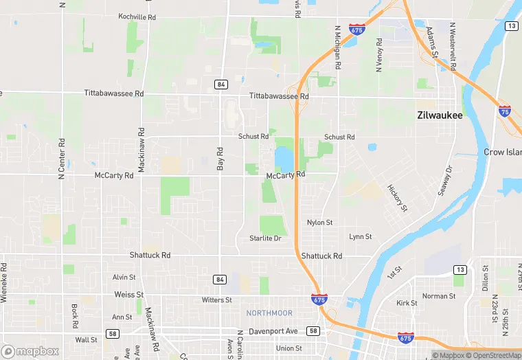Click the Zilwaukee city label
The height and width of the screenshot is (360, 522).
(x=440, y=115)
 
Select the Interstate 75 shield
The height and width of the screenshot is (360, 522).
(x=504, y=111)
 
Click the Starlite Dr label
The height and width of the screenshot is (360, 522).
(x=265, y=238)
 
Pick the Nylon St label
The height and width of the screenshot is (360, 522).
(x=319, y=223)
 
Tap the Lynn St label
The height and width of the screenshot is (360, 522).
(x=360, y=236)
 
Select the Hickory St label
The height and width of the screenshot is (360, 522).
(x=397, y=197)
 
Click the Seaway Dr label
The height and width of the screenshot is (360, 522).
(x=446, y=180)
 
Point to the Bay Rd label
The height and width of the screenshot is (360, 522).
(x=220, y=159)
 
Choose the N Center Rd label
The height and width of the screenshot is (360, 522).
(x=61, y=159)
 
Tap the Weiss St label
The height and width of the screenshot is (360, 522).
(x=128, y=294)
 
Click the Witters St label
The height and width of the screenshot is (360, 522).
(x=217, y=300)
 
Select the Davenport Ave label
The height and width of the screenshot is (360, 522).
(x=273, y=330)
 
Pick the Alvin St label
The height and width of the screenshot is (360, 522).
(x=124, y=277)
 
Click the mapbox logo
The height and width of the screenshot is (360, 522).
(x=30, y=351)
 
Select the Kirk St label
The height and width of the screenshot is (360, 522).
(x=407, y=302)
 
